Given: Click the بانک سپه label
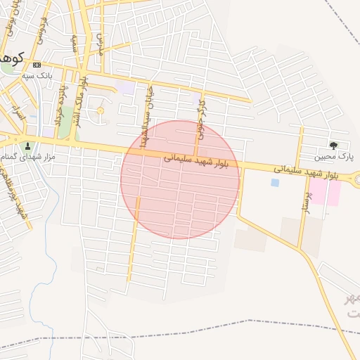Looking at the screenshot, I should pyautogui.click(x=37, y=75).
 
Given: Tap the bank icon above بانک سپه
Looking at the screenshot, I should pyautogui.click(x=37, y=65).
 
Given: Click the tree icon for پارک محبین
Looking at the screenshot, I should pyautogui.click(x=333, y=146).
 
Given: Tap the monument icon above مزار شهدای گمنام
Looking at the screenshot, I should pyautogui.click(x=28, y=146).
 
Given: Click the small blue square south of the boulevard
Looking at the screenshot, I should pyautogui.click(x=274, y=182).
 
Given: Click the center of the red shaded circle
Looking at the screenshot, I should pyautogui.click(x=180, y=180).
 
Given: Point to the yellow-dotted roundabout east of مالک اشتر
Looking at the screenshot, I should pyautogui.click(x=100, y=110).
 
